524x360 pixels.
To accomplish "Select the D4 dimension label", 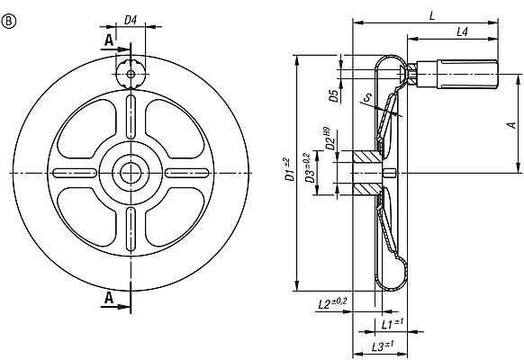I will pos(131,19).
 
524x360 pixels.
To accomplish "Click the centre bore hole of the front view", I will pos(131,172).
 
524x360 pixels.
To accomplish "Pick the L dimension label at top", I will pos(434,15).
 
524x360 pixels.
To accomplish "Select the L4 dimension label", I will pos(461,31).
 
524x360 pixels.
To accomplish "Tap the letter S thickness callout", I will pos(366,99).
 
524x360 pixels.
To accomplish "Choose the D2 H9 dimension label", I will pos(330,139).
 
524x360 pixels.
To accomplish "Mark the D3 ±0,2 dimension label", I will pos(311,171).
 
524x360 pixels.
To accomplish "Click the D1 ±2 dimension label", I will pos(288,168).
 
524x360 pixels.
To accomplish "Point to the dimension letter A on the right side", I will pos(510,126).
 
